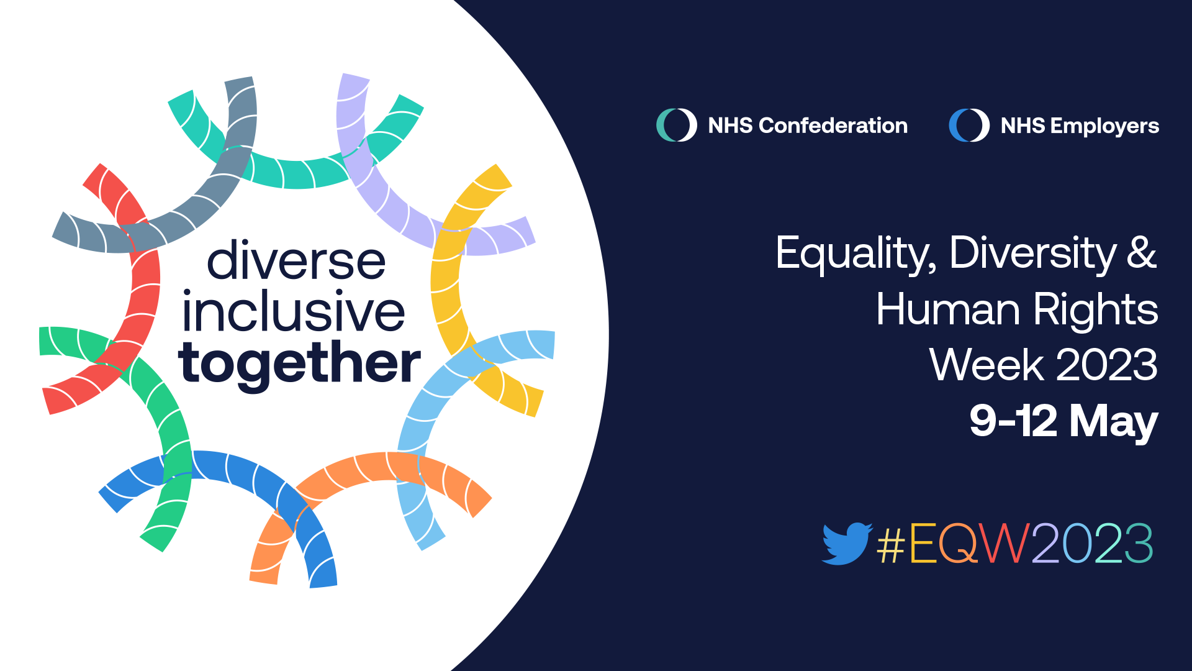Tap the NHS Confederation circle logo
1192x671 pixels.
[x=677, y=125]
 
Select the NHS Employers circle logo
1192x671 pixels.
[x=969, y=125]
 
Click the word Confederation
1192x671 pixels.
[x=833, y=126]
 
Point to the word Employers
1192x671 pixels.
[x=1104, y=127]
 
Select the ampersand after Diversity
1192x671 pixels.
[x=1142, y=253]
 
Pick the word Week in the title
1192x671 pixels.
[x=987, y=365]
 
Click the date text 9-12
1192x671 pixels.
[x=1013, y=421]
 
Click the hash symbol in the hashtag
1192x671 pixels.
[x=891, y=544]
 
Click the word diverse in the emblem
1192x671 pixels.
[x=296, y=260]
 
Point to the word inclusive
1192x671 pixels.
[x=293, y=310]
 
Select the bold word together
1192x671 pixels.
[x=299, y=363]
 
